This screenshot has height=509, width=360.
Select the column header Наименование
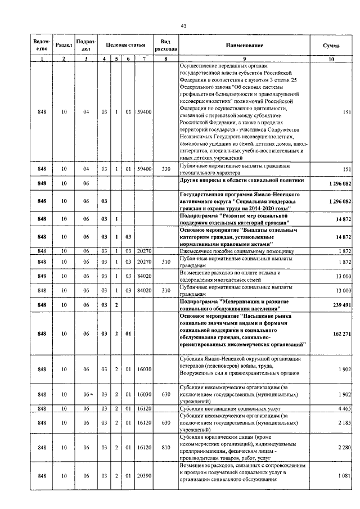[x=245, y=45]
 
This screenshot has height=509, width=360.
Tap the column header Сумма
[x=330, y=45]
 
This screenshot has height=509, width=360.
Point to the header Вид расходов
[x=166, y=45]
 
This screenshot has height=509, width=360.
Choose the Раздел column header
[x=64, y=45]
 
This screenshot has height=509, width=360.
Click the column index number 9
[x=245, y=59]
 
